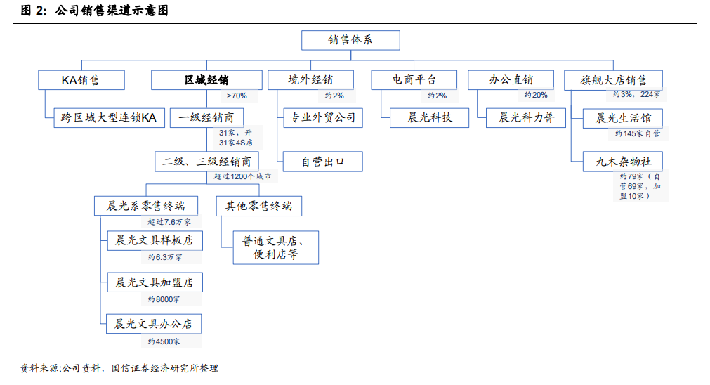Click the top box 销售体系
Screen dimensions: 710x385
(350, 40)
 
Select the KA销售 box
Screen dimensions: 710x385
(81, 80)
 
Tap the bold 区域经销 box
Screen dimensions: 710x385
(206, 80)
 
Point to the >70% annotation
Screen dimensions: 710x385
(237, 96)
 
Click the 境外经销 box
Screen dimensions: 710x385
(310, 80)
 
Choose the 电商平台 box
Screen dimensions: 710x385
(414, 80)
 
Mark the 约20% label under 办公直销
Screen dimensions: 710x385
(536, 95)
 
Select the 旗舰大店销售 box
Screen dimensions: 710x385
(614, 80)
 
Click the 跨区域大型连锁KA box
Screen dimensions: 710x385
(109, 118)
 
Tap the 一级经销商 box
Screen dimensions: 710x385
(206, 118)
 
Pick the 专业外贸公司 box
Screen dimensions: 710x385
(323, 118)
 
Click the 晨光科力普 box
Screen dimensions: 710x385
(526, 118)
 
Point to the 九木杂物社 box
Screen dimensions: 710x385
(623, 162)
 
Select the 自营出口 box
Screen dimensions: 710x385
(323, 162)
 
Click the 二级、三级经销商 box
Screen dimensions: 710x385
(207, 162)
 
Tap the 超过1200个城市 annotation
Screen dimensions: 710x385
(242, 176)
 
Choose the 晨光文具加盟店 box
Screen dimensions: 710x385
(155, 282)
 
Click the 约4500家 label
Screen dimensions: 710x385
(164, 341)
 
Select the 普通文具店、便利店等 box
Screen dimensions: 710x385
(276, 248)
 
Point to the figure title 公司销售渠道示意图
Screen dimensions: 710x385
(112, 10)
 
